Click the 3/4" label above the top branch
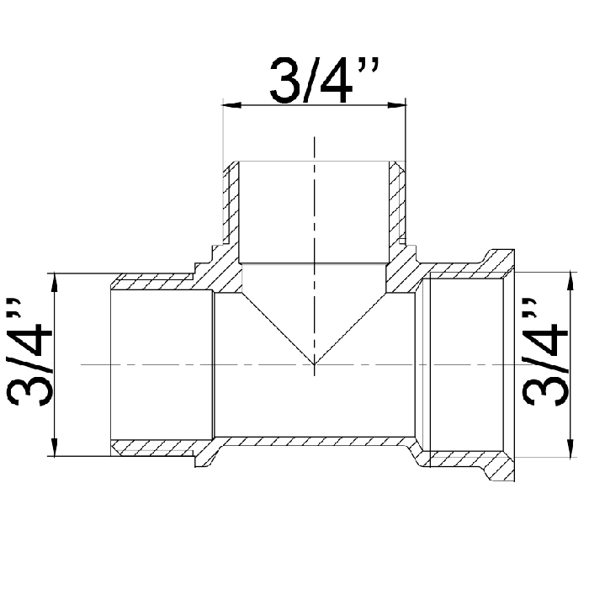click(x=325, y=81)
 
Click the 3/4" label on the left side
click(x=29, y=352)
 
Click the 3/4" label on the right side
click(x=544, y=352)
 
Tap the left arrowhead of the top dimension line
click(x=231, y=105)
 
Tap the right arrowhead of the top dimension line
click(x=396, y=105)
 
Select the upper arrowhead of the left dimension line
click(x=55, y=283)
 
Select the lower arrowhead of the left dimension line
click(x=55, y=447)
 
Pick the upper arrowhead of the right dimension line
click(x=570, y=281)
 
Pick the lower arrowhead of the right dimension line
click(x=570, y=448)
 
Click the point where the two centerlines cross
click(x=315, y=364)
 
